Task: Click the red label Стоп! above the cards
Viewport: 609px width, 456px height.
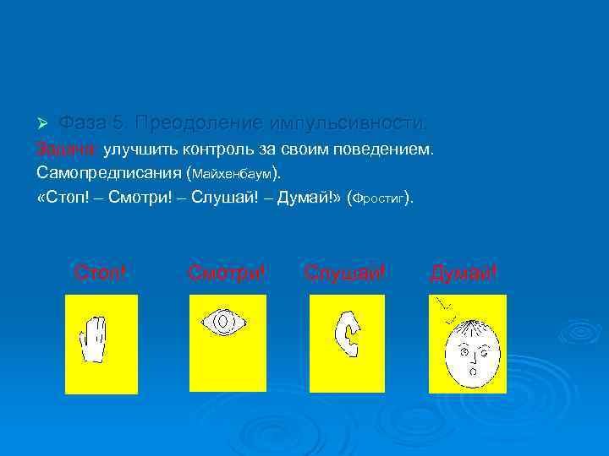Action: (x=100, y=273)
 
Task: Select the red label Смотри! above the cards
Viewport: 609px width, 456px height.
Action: (x=226, y=273)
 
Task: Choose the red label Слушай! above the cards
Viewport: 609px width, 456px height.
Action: (x=345, y=273)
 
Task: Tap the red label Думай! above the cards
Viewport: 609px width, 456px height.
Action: (x=464, y=273)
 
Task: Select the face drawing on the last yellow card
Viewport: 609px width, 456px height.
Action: (x=472, y=350)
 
